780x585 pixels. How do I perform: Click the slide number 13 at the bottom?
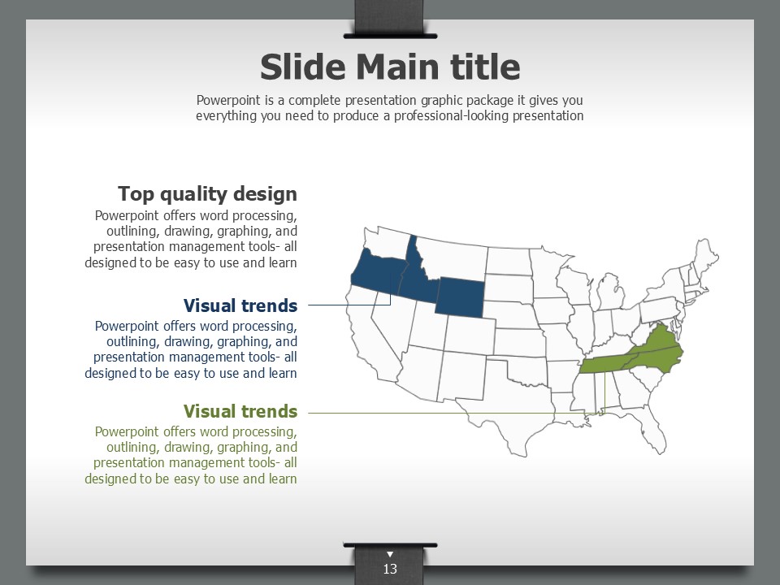click(x=390, y=569)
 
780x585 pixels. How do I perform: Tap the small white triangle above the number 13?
click(x=390, y=554)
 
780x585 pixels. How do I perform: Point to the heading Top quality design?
click(x=207, y=193)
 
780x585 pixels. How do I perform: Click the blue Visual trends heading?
click(x=240, y=305)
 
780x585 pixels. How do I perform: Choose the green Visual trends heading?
click(x=240, y=411)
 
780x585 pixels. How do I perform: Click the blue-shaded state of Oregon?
click(x=377, y=275)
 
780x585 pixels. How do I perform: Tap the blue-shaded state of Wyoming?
click(x=460, y=297)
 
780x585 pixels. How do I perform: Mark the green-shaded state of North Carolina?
click(x=656, y=360)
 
